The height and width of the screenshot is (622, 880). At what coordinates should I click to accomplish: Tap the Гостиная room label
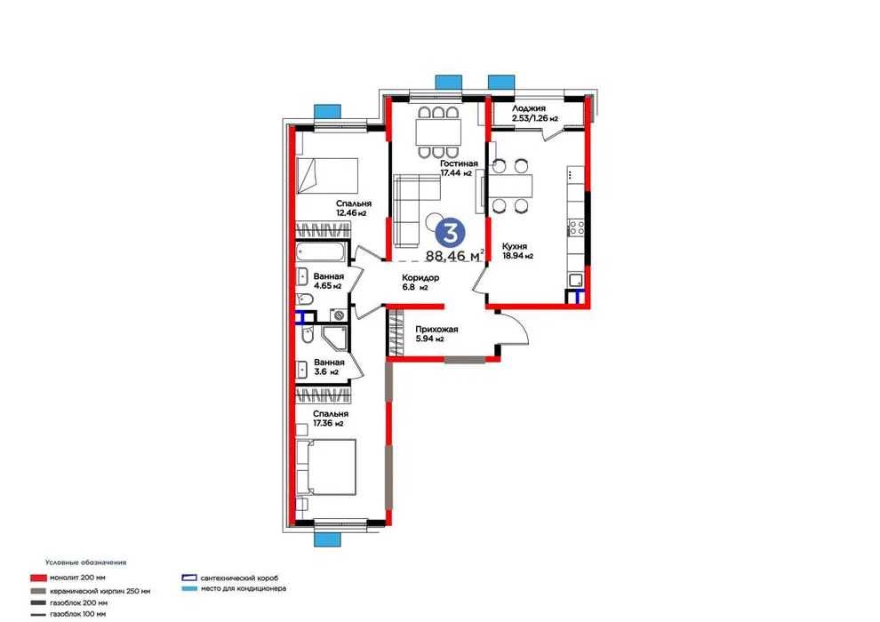[459, 163]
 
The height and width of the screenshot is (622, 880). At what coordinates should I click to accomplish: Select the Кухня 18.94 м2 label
[517, 251]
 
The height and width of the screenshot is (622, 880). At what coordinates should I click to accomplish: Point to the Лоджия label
[528, 108]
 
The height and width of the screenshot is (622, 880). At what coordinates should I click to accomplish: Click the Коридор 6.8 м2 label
[420, 282]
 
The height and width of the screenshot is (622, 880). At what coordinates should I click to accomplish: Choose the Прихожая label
[436, 330]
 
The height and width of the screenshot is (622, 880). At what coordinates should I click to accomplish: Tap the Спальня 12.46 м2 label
[353, 208]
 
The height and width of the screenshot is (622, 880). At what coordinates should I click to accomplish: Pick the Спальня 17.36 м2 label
[330, 419]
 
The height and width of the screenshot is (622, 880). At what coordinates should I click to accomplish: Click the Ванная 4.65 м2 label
[328, 281]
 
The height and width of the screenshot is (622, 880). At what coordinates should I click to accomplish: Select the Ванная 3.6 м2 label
[329, 367]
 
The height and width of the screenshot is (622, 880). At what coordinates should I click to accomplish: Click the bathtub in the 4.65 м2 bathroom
[320, 251]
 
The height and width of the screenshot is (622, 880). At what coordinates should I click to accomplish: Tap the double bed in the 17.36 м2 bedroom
[326, 467]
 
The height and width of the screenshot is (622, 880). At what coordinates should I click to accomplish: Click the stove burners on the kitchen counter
[576, 227]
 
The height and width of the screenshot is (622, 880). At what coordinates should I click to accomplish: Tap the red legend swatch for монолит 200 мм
[38, 578]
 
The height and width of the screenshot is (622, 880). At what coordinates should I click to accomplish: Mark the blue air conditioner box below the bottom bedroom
[327, 539]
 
